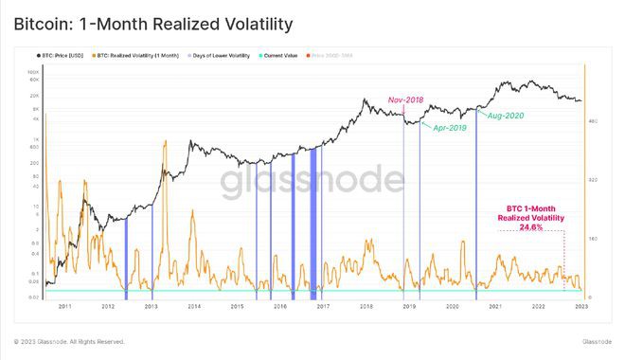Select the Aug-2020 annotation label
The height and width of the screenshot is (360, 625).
(x=506, y=115)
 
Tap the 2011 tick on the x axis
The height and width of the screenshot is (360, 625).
(x=64, y=307)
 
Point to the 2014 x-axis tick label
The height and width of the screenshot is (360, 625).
(x=193, y=307)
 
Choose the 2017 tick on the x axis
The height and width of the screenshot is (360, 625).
(x=323, y=307)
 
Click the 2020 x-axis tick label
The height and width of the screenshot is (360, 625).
(x=453, y=307)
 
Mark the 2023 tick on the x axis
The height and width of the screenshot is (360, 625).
(x=581, y=307)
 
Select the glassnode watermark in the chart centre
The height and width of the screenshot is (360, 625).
(x=312, y=180)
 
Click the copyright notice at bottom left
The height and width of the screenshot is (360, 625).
(x=69, y=341)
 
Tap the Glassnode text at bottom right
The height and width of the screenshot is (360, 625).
(x=596, y=341)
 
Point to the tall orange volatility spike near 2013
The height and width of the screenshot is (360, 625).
(x=165, y=147)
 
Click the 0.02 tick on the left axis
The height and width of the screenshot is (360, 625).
(x=33, y=297)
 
